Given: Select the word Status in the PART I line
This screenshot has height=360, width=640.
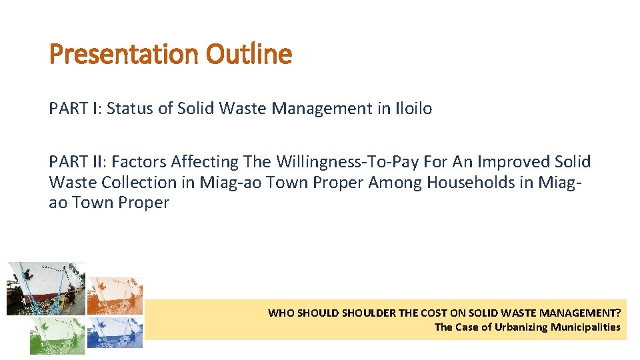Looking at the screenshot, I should pyautogui.click(x=130, y=108).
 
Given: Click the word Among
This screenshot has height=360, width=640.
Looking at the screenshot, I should pyautogui.click(x=396, y=183).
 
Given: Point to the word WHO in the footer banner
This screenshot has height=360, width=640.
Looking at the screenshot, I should pyautogui.click(x=281, y=313).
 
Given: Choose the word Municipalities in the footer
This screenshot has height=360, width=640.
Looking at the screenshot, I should pyautogui.click(x=585, y=327).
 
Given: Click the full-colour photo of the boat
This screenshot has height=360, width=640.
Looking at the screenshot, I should pyautogui.click(x=45, y=288).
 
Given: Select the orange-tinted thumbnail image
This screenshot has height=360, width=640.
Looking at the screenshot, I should pyautogui.click(x=115, y=295).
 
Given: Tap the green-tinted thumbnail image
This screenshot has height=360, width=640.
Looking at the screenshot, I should pyautogui.click(x=57, y=335).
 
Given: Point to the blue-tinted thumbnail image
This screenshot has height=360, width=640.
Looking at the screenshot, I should pyautogui.click(x=115, y=333).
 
